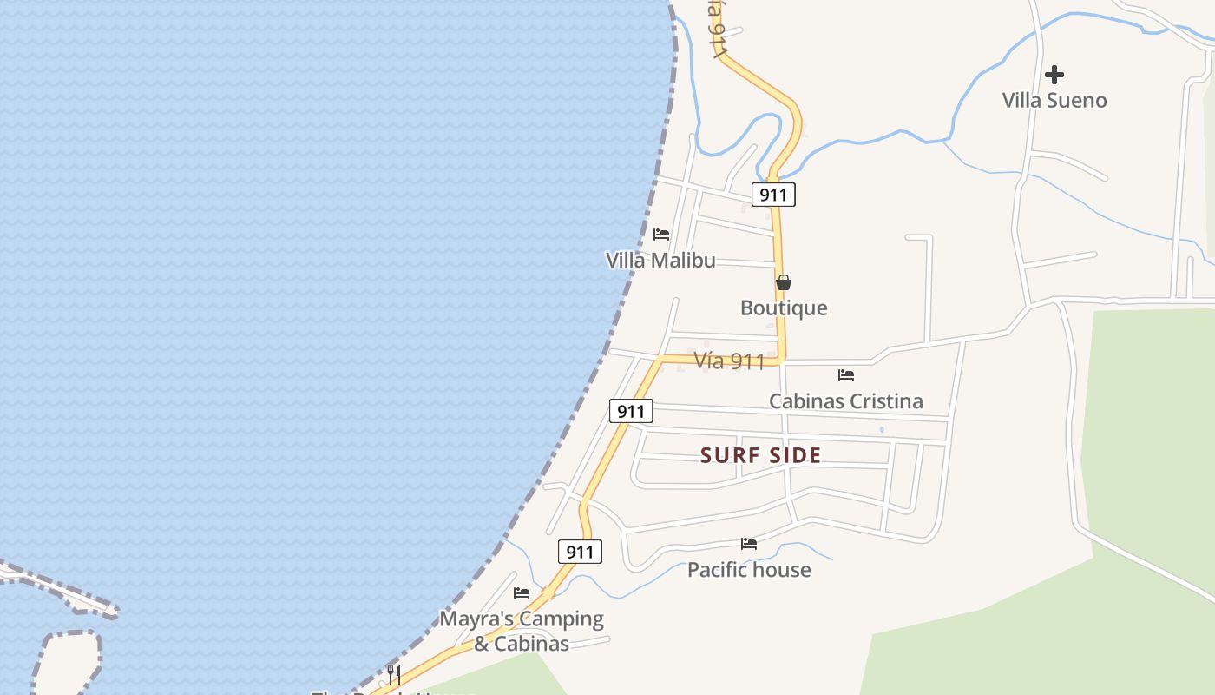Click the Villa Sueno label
[x=1054, y=100]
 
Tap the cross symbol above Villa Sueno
[x=1054, y=75]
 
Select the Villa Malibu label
[x=660, y=260]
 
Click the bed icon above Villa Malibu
[x=661, y=235]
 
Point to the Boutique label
[x=784, y=308]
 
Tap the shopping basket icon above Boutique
[x=784, y=282]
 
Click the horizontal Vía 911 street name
[x=729, y=361]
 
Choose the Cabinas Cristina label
[x=846, y=400]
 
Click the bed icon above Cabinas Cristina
[x=846, y=375]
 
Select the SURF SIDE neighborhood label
[x=760, y=455]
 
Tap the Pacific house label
[x=749, y=570]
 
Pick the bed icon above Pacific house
[x=749, y=545]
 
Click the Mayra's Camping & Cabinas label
[x=522, y=631]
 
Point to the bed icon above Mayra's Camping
[x=522, y=593]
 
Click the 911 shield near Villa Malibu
[x=773, y=195]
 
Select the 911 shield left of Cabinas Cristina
[x=631, y=411]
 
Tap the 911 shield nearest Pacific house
[x=580, y=552]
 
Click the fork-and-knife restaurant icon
[x=394, y=674]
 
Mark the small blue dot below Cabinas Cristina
[x=882, y=429]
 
